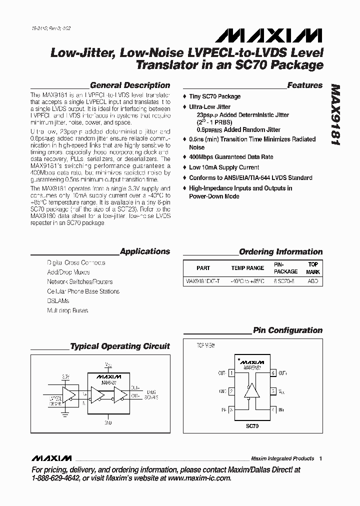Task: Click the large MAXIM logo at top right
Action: pos(269,35)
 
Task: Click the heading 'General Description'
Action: pos(129,85)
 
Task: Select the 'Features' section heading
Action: pos(304,85)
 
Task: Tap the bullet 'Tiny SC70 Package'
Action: pos(214,96)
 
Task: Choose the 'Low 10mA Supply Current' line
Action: pos(224,167)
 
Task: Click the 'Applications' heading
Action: pos(145,251)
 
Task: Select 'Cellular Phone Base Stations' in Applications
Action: pos(83,291)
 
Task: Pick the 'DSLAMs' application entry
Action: pos(58,301)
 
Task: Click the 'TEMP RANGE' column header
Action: pos(247,268)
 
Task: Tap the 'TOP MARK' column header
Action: pos(312,267)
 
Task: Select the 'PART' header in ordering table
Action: pos(203,268)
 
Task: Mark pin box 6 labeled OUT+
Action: pos(273,372)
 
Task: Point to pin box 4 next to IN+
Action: pos(273,409)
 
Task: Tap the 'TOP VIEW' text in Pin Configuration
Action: pos(205,345)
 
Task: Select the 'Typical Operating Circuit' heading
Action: pos(120,346)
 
